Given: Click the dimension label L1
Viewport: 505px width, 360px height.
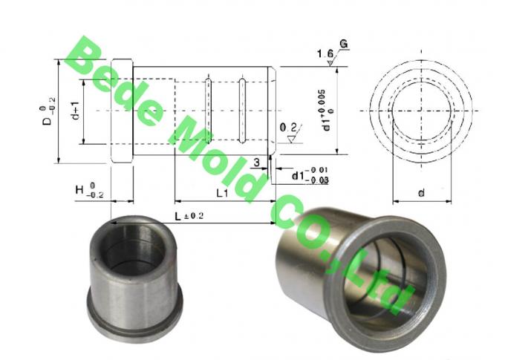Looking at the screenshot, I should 221,192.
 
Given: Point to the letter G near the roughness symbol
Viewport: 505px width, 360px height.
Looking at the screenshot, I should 344,45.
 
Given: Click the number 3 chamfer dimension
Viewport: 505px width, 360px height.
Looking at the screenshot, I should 256,161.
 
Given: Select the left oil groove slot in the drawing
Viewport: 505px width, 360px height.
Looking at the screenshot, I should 209,111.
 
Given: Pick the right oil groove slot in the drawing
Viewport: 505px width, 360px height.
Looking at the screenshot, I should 242,111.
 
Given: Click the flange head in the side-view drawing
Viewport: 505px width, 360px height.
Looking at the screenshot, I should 122,111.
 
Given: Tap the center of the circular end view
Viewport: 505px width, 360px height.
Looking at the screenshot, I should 421,111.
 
